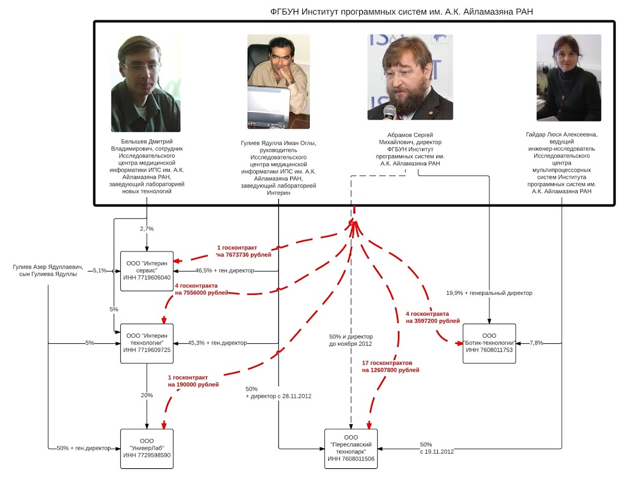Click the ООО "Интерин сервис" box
pyautogui.click(x=147, y=270)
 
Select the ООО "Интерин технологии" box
pyautogui.click(x=147, y=343)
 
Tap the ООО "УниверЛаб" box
pyautogui.click(x=147, y=448)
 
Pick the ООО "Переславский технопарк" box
pyautogui.click(x=351, y=448)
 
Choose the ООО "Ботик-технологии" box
pyautogui.click(x=489, y=343)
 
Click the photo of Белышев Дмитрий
pyautogui.click(x=146, y=83)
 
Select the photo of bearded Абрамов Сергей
pyautogui.click(x=410, y=77)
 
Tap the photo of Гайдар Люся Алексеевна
pyautogui.click(x=569, y=77)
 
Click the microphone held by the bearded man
pyautogui.click(x=389, y=113)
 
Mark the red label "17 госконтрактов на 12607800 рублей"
pyautogui.click(x=391, y=367)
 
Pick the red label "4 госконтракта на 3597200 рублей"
pyautogui.click(x=432, y=317)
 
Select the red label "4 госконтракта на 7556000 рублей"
pyautogui.click(x=202, y=289)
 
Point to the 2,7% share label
pyautogui.click(x=147, y=228)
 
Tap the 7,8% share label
pyautogui.click(x=536, y=343)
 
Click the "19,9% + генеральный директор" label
pyautogui.click(x=489, y=293)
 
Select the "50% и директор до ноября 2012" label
pyautogui.click(x=351, y=340)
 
